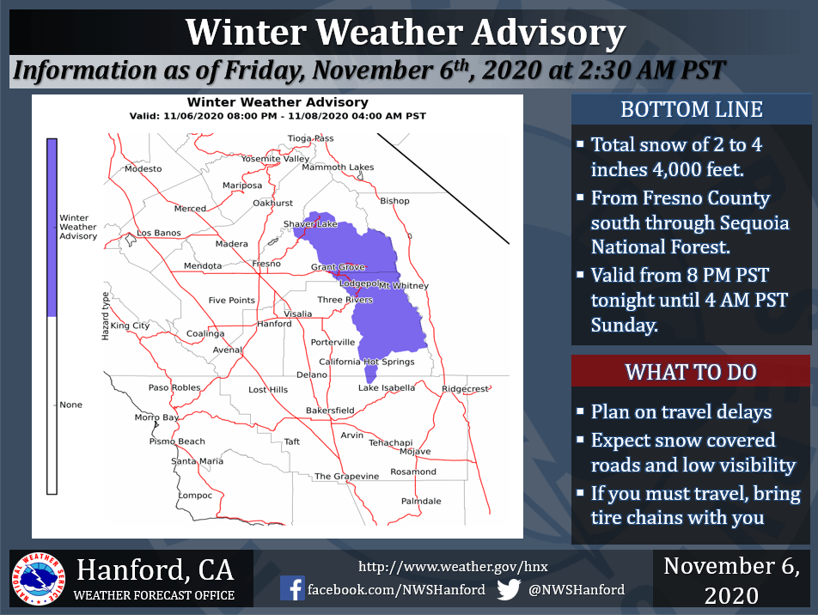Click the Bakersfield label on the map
[x=330, y=411]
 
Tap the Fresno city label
[x=266, y=264]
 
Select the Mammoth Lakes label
[x=338, y=167]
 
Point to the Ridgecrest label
[x=465, y=388]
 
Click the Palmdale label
[x=421, y=502]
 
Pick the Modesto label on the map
[x=143, y=169]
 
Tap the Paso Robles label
[x=174, y=387]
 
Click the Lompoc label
[x=195, y=496]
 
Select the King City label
[x=130, y=326]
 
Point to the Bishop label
[x=394, y=201]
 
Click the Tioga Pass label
[x=310, y=138]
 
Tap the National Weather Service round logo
[x=39, y=579]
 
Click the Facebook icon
[x=292, y=588]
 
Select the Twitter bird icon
[x=509, y=589]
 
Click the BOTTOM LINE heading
[x=691, y=110]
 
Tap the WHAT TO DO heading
[x=691, y=372]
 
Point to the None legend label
[x=71, y=405]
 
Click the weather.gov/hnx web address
[x=453, y=567]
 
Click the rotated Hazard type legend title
[x=106, y=316]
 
